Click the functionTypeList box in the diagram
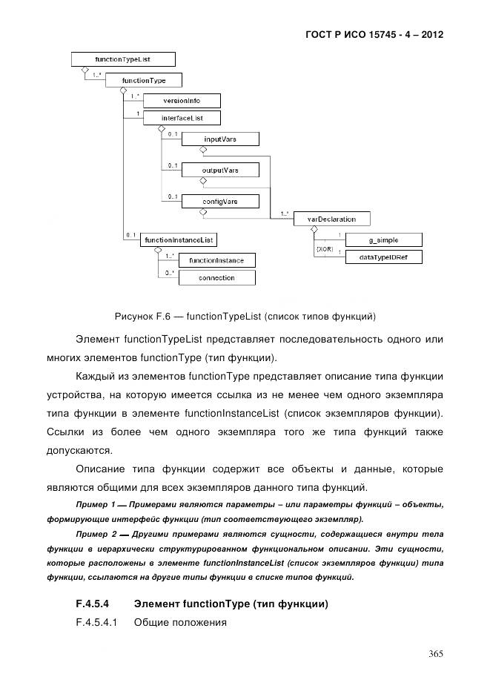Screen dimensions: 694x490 pyautogui.click(x=123, y=59)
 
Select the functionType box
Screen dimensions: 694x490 pyautogui.click(x=144, y=80)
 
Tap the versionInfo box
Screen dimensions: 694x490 pyautogui.click(x=182, y=101)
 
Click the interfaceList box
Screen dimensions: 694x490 pyautogui.click(x=182, y=117)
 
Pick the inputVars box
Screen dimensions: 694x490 pyautogui.click(x=220, y=139)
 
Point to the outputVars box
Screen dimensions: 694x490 pyautogui.click(x=220, y=170)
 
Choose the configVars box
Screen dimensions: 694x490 pyautogui.click(x=220, y=201)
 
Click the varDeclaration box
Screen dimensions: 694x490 pyautogui.click(x=333, y=219)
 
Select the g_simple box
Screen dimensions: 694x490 pyautogui.click(x=384, y=239)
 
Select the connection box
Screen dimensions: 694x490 pyautogui.click(x=216, y=278)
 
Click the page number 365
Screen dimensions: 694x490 pyautogui.click(x=435, y=653)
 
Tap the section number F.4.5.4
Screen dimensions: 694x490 pyautogui.click(x=92, y=604)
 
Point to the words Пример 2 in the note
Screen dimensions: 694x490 pyautogui.click(x=96, y=534)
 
